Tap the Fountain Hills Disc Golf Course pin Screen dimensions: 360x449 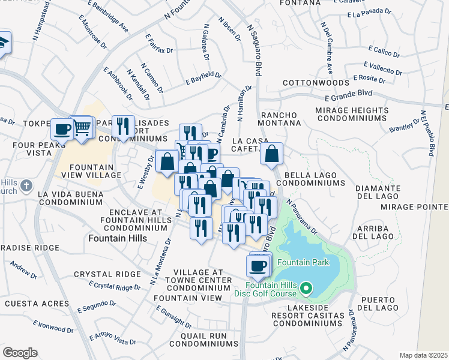306,289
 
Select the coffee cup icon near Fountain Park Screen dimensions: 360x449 258,265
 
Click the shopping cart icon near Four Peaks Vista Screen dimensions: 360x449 82,127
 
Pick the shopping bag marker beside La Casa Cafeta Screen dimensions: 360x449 272,154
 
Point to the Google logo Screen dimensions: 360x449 19,353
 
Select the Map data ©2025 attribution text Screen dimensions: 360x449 423,355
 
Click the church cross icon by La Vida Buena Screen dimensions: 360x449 25,186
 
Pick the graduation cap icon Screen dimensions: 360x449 3,44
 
